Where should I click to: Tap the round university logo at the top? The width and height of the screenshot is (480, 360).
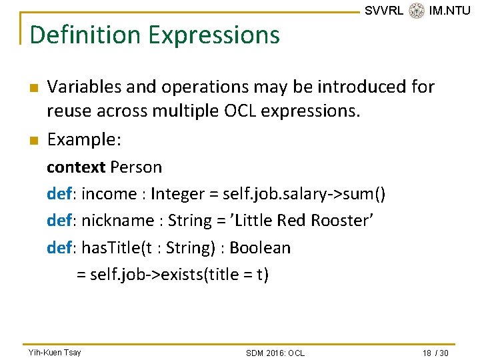click(417, 10)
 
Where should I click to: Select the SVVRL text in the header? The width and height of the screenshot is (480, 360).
click(384, 11)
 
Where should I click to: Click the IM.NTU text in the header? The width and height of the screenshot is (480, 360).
click(450, 11)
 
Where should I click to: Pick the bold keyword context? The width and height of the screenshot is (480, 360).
click(76, 167)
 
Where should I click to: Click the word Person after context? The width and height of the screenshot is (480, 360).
click(136, 167)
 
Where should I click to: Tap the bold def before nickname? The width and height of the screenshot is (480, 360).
click(61, 221)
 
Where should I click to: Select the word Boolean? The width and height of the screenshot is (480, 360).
click(260, 248)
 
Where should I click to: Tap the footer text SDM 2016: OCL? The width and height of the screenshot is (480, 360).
click(275, 353)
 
